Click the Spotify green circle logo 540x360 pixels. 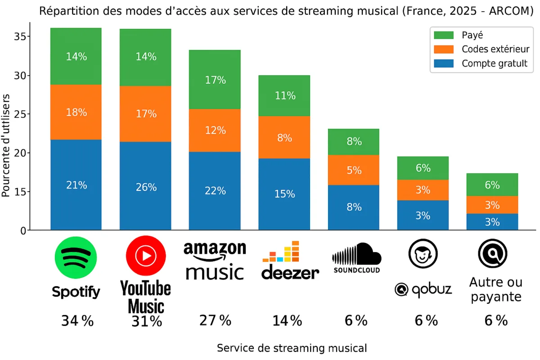[76, 258]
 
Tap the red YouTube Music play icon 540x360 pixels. [146, 256]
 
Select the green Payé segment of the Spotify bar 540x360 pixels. [76, 56]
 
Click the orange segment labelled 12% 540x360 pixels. [215, 130]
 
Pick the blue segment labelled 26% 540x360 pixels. [145, 186]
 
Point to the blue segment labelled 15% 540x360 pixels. [284, 194]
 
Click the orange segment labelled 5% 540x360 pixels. [354, 170]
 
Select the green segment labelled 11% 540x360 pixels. [284, 95]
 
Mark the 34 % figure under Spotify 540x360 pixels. [77, 321]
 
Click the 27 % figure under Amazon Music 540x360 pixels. [215, 320]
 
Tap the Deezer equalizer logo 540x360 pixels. [281, 252]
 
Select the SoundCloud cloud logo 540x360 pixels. [357, 255]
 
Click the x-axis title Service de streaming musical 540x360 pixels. [292, 348]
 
